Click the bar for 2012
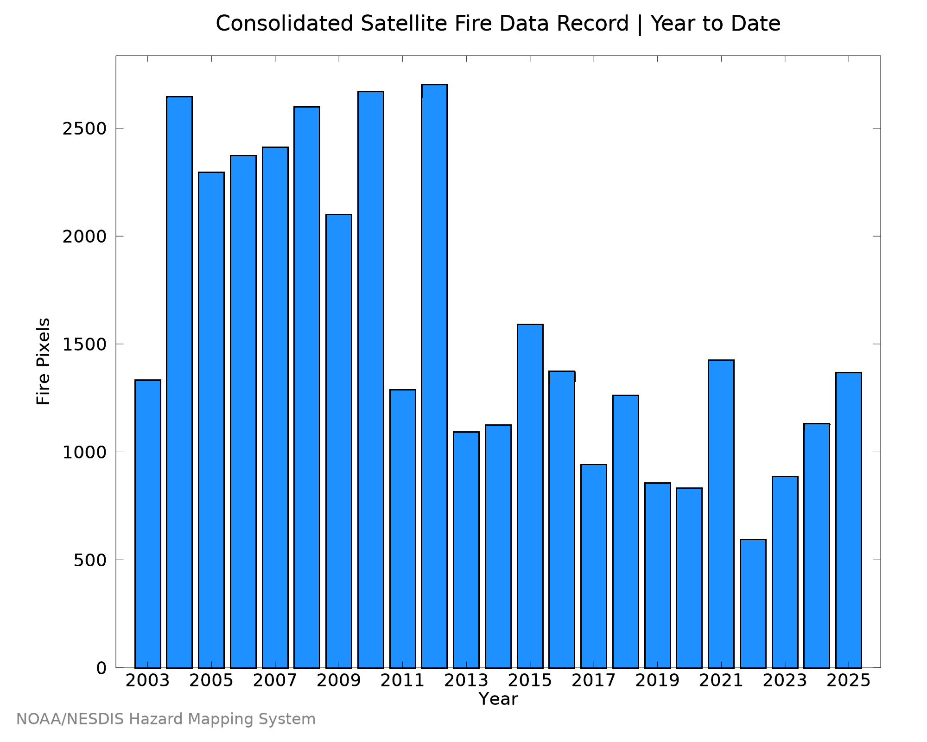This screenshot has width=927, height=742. pos(434,376)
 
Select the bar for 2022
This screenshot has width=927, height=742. pos(753,603)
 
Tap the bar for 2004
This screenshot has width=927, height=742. pos(179,382)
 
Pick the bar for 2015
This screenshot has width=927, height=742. pos(530,496)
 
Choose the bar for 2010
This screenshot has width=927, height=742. pos(371,379)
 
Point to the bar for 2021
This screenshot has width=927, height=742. pos(721,514)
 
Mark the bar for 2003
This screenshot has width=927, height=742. pos(148,524)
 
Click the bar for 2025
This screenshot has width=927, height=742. pos(849,520)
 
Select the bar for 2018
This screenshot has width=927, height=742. pos(626,531)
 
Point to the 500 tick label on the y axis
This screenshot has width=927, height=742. pos(90,560)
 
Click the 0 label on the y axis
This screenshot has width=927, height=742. pos(102,668)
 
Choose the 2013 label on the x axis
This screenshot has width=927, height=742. pos(466,681)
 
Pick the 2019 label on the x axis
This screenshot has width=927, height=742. pos(657,681)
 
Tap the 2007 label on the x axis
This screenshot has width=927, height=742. pos(275,681)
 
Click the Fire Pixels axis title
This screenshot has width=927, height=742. pos(43,361)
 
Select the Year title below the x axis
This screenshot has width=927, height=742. pos(498,699)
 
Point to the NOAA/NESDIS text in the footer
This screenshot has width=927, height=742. pos(70,719)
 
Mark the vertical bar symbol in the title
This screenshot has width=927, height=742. pos(640,24)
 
